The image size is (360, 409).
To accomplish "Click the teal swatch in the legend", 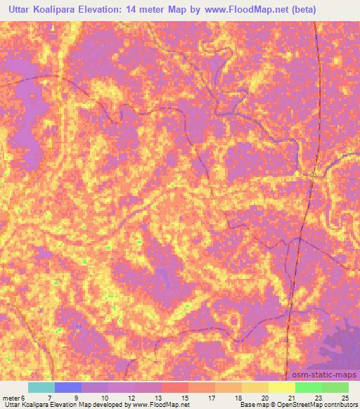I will tap(41, 387).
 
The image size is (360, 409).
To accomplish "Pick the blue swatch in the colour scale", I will tap(68, 387).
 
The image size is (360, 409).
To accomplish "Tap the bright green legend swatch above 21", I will tap(308, 387).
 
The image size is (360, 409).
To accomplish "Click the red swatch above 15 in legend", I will tap(175, 387).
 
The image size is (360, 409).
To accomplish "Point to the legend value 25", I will tap(344, 398).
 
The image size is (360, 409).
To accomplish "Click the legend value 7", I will tap(49, 398).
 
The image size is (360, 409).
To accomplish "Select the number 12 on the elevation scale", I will tap(131, 398).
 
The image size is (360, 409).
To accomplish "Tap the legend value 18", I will tap(237, 398).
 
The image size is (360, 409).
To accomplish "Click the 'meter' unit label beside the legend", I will tap(12, 398).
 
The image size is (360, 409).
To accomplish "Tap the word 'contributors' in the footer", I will tap(337, 405).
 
